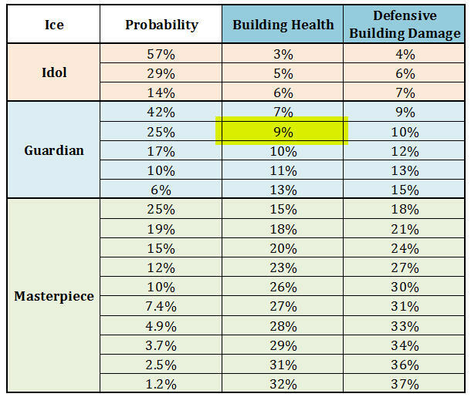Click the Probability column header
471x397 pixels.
point(161,25)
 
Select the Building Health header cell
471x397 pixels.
point(283,25)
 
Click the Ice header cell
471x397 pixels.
point(53,25)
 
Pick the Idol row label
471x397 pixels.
point(53,73)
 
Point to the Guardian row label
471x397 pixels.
point(53,150)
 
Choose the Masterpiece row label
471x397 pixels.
point(53,296)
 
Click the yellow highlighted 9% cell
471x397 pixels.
point(283,130)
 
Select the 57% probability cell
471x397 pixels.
point(161,55)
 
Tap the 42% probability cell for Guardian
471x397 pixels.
point(161,112)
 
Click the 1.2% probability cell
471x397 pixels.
point(161,383)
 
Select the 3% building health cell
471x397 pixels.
point(283,55)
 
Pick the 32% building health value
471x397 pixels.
point(283,383)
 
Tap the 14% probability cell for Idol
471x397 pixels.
point(161,93)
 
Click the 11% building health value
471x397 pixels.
point(283,170)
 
